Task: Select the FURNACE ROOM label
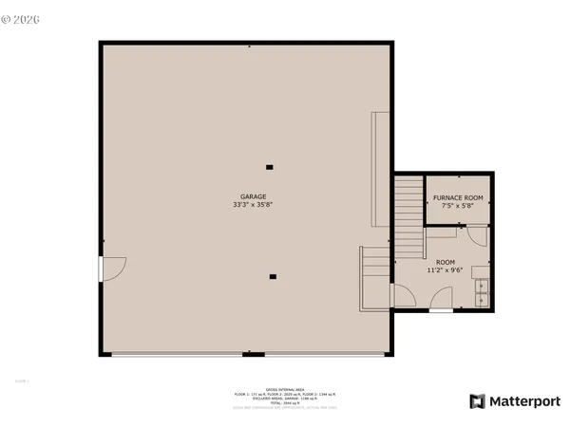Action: click(x=458, y=197)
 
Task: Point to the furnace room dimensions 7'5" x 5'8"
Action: click(x=458, y=206)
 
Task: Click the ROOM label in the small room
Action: click(x=446, y=261)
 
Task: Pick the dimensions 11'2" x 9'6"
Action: click(x=446, y=269)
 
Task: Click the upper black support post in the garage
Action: click(x=270, y=167)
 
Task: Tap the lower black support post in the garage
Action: click(x=273, y=277)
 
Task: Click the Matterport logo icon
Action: click(x=477, y=401)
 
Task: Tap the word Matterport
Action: click(x=524, y=401)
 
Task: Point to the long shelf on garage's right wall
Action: click(x=380, y=168)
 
